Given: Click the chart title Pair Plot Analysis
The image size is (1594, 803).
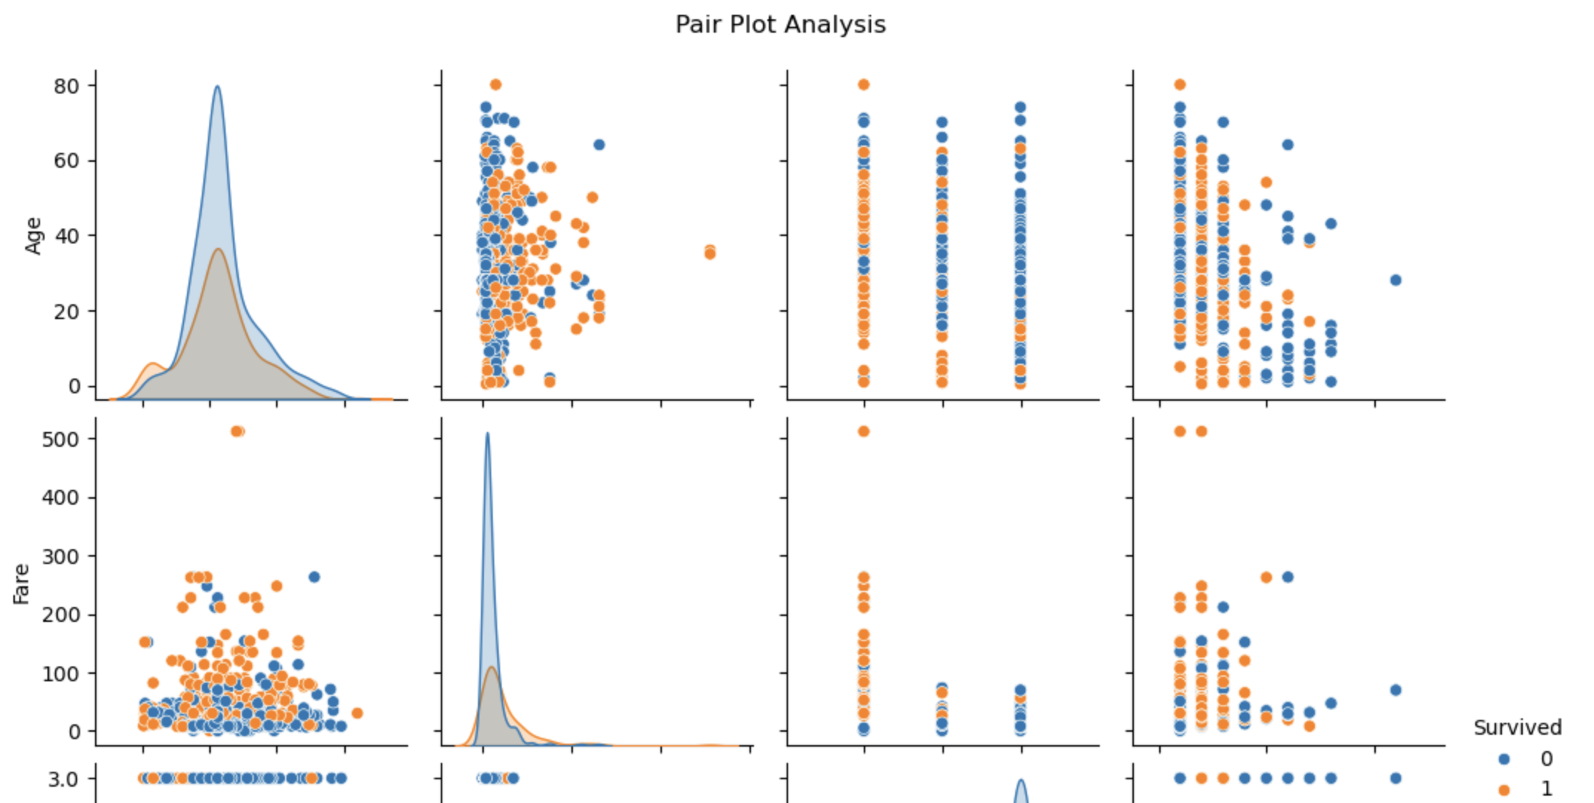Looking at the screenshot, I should [780, 24].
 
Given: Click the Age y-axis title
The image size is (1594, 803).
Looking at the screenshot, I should [33, 236].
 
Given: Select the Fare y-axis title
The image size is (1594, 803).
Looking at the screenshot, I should [22, 584].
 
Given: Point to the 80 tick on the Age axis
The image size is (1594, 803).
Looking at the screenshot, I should [66, 86].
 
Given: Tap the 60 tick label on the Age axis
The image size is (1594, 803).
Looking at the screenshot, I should [66, 161].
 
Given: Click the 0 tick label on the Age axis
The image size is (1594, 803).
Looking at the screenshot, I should [73, 387].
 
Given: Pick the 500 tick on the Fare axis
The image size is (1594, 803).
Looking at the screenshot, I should [61, 439].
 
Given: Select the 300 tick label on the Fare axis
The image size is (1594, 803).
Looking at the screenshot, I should [61, 557].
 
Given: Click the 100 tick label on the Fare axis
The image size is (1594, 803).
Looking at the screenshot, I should [61, 674].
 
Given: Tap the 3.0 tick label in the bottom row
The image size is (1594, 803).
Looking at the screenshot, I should [63, 779].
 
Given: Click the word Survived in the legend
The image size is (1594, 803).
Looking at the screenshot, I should [1518, 727].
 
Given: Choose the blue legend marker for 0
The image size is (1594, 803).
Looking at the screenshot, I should [1504, 759].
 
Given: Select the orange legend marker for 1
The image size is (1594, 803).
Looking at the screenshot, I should [1504, 790].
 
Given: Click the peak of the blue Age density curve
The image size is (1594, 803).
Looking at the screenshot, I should [217, 86].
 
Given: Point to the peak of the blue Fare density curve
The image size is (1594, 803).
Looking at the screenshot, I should [488, 433].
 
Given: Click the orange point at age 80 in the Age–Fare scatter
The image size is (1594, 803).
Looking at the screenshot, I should [496, 85].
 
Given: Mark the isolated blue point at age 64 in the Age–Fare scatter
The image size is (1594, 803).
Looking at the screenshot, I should [599, 145].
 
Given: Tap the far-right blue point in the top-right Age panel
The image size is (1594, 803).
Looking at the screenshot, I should [1395, 280].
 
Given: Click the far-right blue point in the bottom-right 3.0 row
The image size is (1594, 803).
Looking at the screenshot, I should [1395, 779].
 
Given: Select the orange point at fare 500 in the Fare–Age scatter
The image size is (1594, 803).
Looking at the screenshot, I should [237, 431].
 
